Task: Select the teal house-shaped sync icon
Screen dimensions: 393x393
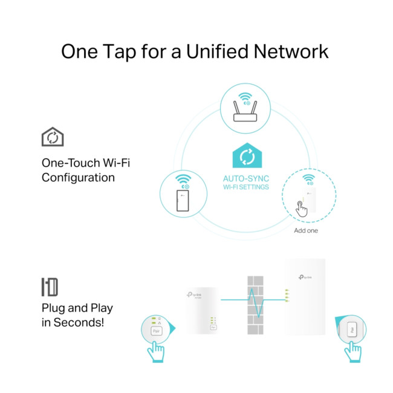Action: [x=247, y=156]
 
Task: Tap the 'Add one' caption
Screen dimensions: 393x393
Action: [x=305, y=230]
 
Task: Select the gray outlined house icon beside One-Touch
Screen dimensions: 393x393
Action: [x=53, y=137]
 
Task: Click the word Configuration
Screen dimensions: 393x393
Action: [x=78, y=178]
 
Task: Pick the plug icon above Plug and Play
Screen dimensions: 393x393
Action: [x=49, y=287]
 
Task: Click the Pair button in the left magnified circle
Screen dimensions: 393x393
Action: [x=156, y=331]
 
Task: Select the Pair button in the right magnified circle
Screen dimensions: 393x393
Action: [x=351, y=331]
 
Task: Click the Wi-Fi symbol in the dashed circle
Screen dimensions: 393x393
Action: [x=308, y=180]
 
